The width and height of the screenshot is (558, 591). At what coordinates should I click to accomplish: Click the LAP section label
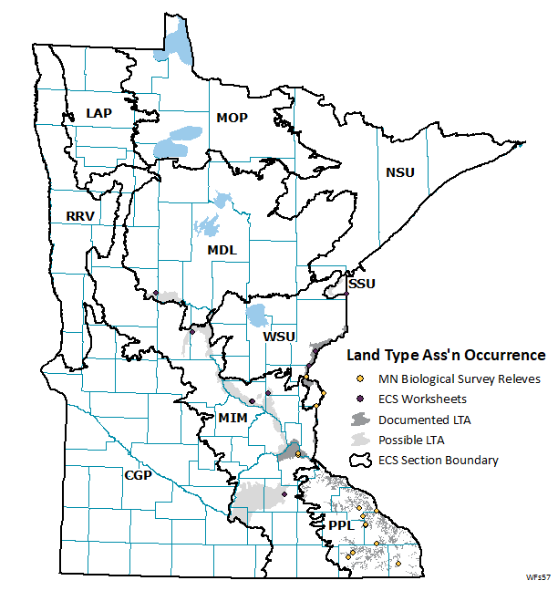[x=98, y=112]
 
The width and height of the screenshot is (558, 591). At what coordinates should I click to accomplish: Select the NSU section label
[x=399, y=172]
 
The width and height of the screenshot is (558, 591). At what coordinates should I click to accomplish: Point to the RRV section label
[x=81, y=216]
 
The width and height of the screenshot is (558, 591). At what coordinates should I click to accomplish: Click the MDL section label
[x=221, y=249]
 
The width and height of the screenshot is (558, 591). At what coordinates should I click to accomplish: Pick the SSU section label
[x=362, y=284]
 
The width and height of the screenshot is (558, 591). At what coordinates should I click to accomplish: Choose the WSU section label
[x=279, y=337]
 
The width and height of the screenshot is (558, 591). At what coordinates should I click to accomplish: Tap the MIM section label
[x=232, y=418]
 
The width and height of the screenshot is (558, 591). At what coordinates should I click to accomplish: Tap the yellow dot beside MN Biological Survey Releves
[x=360, y=378]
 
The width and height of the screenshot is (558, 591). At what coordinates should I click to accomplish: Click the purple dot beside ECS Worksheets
[x=360, y=399]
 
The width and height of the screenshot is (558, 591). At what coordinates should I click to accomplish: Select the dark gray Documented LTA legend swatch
[x=360, y=420]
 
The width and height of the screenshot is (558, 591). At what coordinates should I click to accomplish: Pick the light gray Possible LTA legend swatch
[x=360, y=440]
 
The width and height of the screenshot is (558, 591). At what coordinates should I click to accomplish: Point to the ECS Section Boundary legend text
[x=439, y=461]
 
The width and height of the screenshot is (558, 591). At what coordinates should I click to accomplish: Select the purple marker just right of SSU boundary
[x=347, y=294]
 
